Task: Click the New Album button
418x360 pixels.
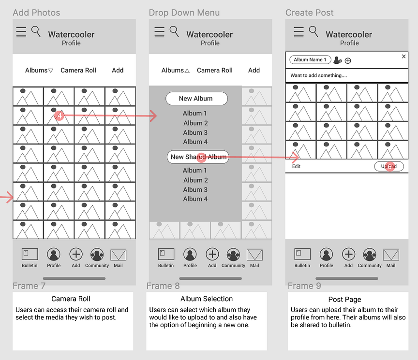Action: (197, 99)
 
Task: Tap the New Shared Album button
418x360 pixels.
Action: (198, 157)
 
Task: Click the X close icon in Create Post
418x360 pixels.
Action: (403, 57)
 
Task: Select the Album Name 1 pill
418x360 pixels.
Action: (310, 59)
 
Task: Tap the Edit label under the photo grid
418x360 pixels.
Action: (296, 166)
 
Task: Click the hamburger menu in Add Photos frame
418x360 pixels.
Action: (21, 31)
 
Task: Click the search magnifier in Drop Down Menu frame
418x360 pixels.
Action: (174, 31)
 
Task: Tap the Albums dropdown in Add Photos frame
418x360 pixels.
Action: (39, 70)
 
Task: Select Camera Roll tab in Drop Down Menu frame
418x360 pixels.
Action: (215, 70)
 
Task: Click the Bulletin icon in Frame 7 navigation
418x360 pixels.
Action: (30, 254)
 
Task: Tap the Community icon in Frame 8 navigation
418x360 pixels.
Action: (233, 255)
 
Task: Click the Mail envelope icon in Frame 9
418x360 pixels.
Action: (391, 255)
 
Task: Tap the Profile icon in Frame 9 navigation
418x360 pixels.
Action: (326, 254)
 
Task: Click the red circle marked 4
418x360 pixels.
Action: (59, 115)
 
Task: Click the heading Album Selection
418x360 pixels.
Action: (207, 299)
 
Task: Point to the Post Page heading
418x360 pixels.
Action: (344, 300)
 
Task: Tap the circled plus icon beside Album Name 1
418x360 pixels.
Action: (348, 61)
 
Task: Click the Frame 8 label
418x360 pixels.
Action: (163, 286)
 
